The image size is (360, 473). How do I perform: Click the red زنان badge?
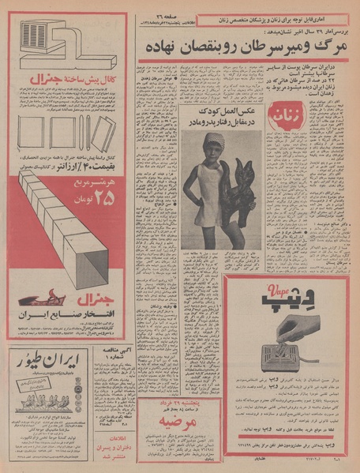click(281, 119)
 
